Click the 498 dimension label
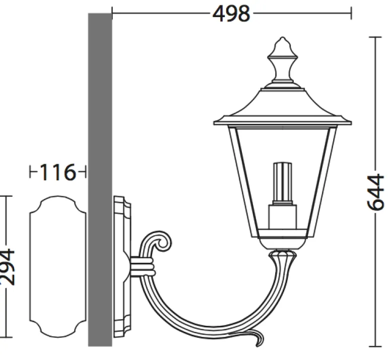(231, 14)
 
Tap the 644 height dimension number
(375, 192)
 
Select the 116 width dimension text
(57, 172)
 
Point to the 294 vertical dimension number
(7, 266)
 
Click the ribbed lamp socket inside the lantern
(283, 183)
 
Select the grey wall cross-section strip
(100, 180)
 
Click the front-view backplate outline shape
(58, 266)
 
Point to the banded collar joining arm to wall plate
(142, 266)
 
